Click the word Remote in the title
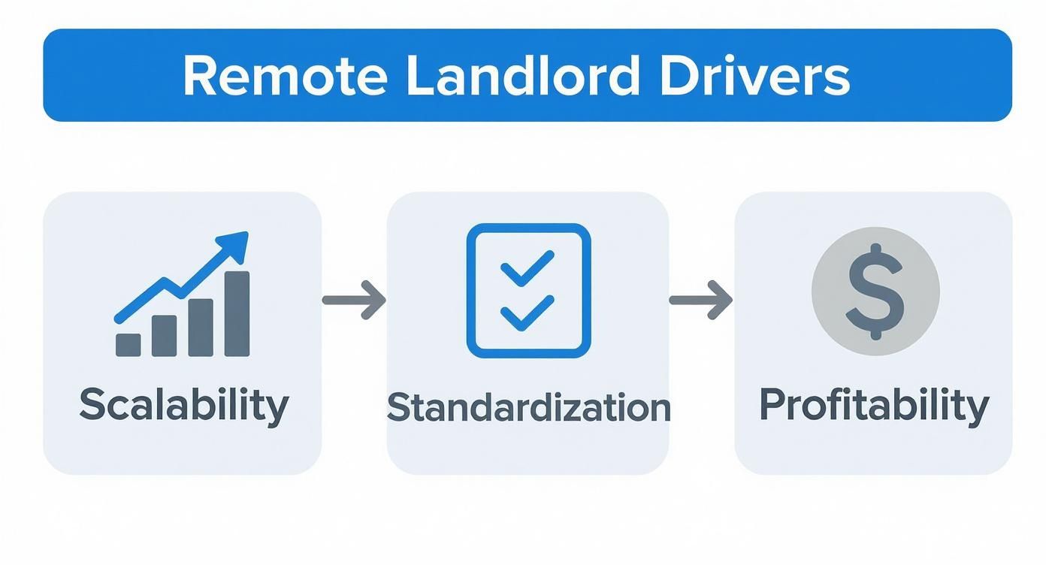coord(285,76)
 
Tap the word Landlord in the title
coord(524,76)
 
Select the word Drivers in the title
coord(754,76)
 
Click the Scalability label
coord(183,406)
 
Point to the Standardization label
coord(528,407)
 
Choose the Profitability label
coord(874,406)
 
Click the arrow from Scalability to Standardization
coord(354,300)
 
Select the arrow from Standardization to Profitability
coord(700,300)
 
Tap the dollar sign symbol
coord(875,292)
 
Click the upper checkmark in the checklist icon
coord(528,267)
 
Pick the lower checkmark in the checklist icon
coord(528,313)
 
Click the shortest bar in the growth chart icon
coord(128,344)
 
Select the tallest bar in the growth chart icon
coord(237,313)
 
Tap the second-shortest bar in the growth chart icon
coord(165,336)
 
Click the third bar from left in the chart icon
coord(201,327)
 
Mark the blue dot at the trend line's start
coord(119,319)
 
